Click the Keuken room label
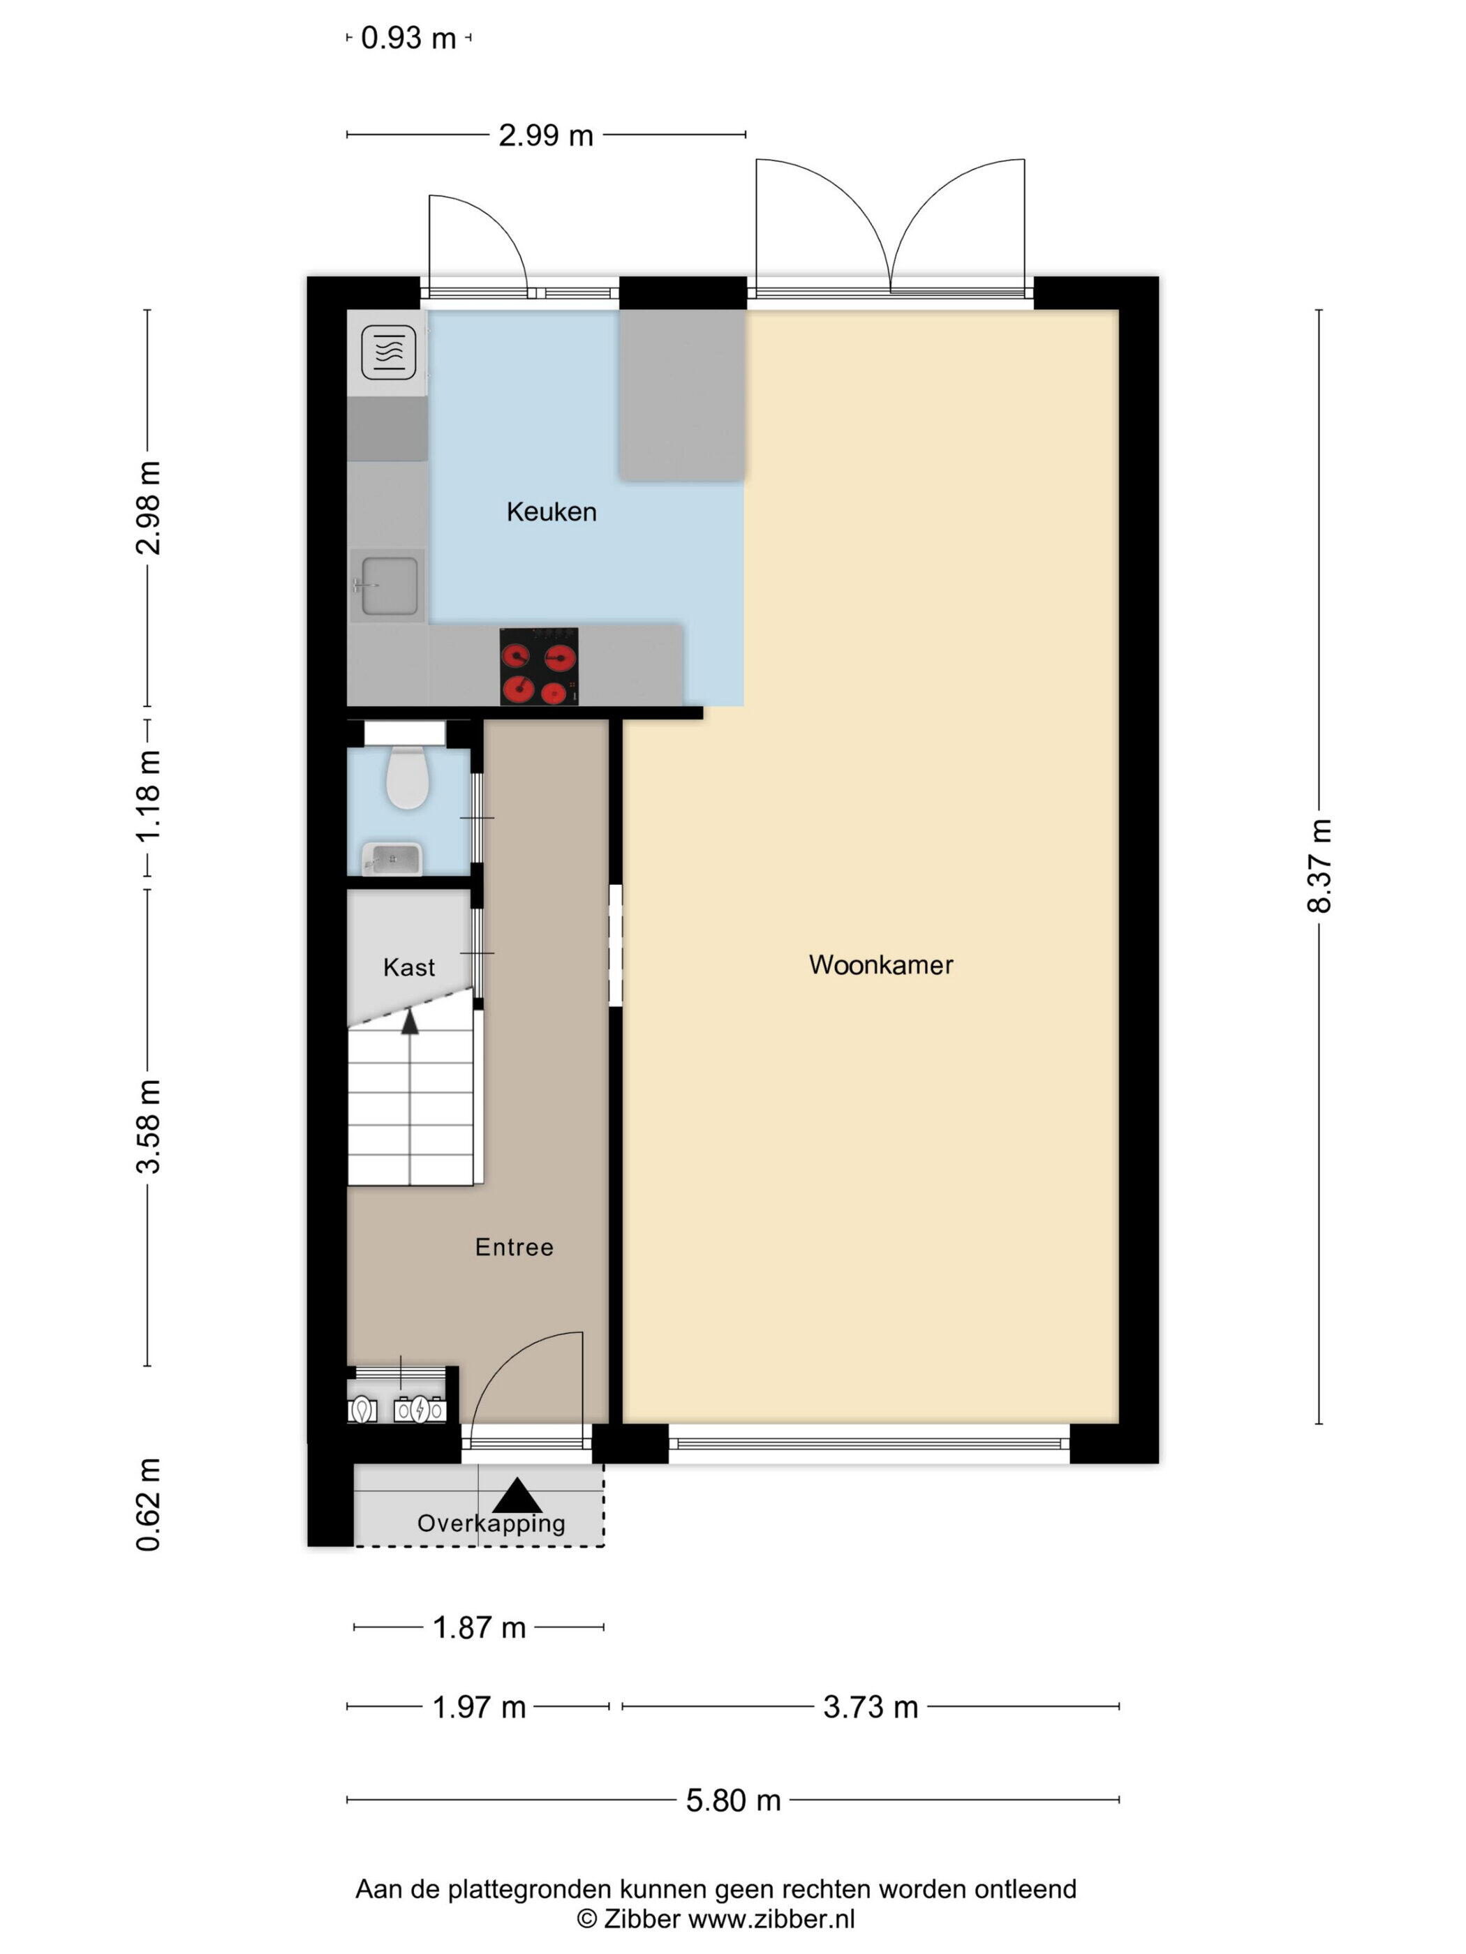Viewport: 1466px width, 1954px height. tap(551, 512)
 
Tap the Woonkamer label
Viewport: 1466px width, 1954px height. tap(880, 964)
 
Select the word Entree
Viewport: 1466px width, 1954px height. tap(514, 1246)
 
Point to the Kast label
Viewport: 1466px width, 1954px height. tap(409, 967)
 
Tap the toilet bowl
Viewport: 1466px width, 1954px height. tap(408, 777)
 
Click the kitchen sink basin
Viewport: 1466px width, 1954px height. tap(389, 585)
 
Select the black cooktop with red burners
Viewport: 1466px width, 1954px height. tap(539, 666)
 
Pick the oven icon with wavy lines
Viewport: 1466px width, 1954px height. tap(389, 352)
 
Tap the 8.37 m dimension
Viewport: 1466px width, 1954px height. tap(1319, 866)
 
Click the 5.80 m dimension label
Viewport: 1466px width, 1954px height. tap(734, 1800)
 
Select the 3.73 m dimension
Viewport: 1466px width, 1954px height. tap(871, 1707)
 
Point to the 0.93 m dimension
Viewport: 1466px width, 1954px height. tap(408, 38)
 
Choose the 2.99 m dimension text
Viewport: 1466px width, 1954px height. tap(545, 135)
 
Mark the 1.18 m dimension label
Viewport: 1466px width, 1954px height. tap(147, 796)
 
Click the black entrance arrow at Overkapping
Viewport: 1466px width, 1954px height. tap(517, 1496)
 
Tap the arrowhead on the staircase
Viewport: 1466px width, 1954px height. tap(410, 1022)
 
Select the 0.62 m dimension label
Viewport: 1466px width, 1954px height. tap(147, 1505)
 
